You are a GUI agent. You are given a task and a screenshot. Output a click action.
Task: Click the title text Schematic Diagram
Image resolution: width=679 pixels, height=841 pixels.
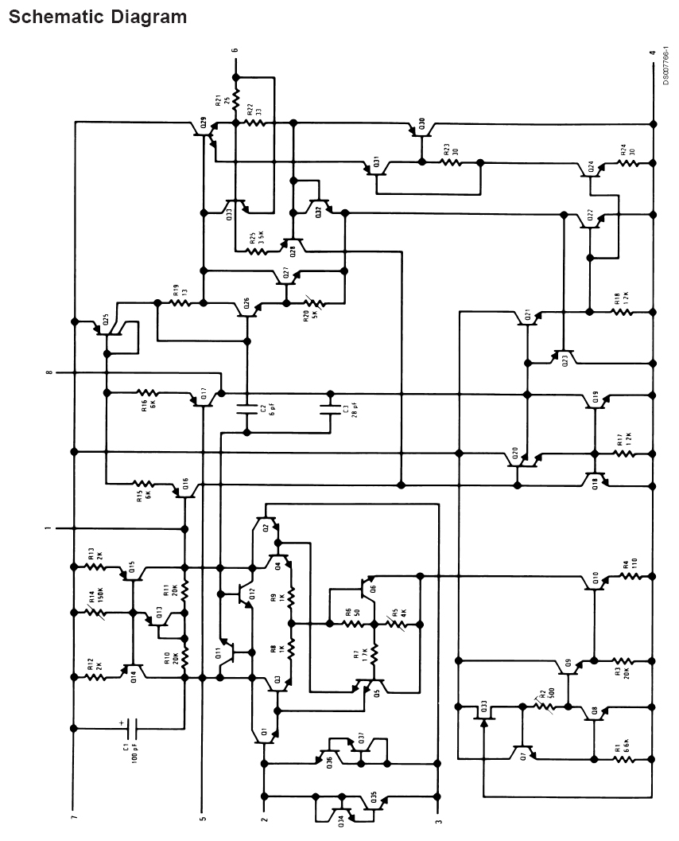tap(98, 16)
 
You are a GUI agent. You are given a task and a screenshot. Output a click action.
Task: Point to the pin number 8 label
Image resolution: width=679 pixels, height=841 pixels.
tap(48, 372)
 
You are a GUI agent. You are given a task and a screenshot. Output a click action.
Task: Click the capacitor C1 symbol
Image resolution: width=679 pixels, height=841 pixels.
tap(132, 727)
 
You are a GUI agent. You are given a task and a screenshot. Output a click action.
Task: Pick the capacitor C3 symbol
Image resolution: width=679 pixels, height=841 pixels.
tap(329, 411)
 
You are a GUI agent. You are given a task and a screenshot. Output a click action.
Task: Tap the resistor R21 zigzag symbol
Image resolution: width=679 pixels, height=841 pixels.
tap(235, 99)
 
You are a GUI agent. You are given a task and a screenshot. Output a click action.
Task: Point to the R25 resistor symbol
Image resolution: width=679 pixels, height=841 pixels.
tap(257, 251)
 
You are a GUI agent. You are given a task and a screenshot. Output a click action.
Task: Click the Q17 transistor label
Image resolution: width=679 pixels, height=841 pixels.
tap(204, 392)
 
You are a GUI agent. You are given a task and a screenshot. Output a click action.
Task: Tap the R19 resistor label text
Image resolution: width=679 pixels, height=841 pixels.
tap(174, 291)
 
